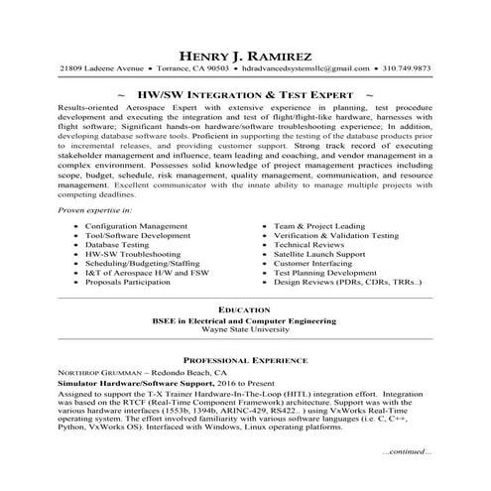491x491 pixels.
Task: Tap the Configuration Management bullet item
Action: tap(136, 227)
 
